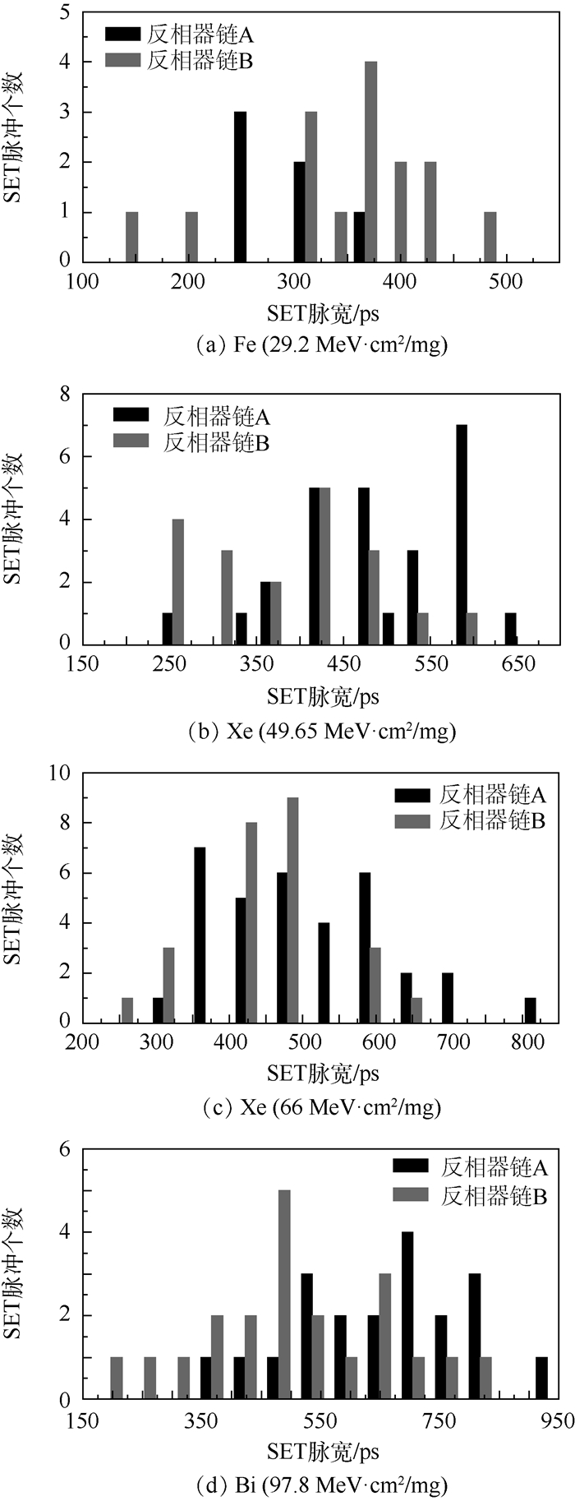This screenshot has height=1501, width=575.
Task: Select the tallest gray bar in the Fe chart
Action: point(370,162)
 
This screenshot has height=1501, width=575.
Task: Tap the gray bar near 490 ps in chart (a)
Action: point(490,238)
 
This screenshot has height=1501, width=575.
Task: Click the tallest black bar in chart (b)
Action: point(462,534)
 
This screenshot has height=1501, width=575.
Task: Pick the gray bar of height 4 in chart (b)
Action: point(178,581)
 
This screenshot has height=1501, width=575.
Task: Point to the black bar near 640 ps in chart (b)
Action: point(510,628)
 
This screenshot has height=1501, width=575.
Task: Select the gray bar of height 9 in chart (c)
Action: point(292,909)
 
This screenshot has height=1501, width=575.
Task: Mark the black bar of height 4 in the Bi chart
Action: point(407,1315)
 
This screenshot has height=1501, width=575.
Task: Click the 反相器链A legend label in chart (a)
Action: point(200,35)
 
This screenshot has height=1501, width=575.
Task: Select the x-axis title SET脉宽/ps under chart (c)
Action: point(323,1073)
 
